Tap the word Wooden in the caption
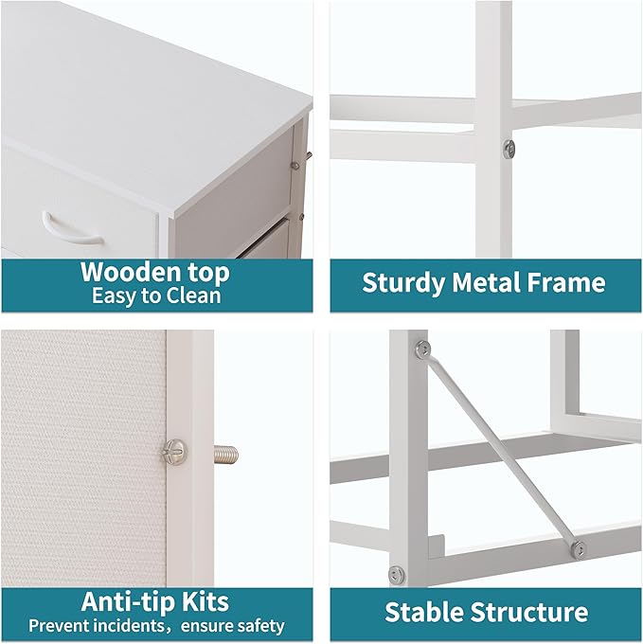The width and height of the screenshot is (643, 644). pyautogui.click(x=127, y=273)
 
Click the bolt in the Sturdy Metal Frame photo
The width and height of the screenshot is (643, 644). pyautogui.click(x=509, y=147)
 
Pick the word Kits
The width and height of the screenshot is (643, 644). pyautogui.click(x=207, y=601)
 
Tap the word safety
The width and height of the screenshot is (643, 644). pyautogui.click(x=259, y=626)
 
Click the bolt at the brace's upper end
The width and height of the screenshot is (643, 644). pyautogui.click(x=423, y=348)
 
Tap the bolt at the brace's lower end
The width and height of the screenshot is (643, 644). pyautogui.click(x=576, y=548)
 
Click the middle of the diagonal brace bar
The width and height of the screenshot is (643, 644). pyautogui.click(x=499, y=448)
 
